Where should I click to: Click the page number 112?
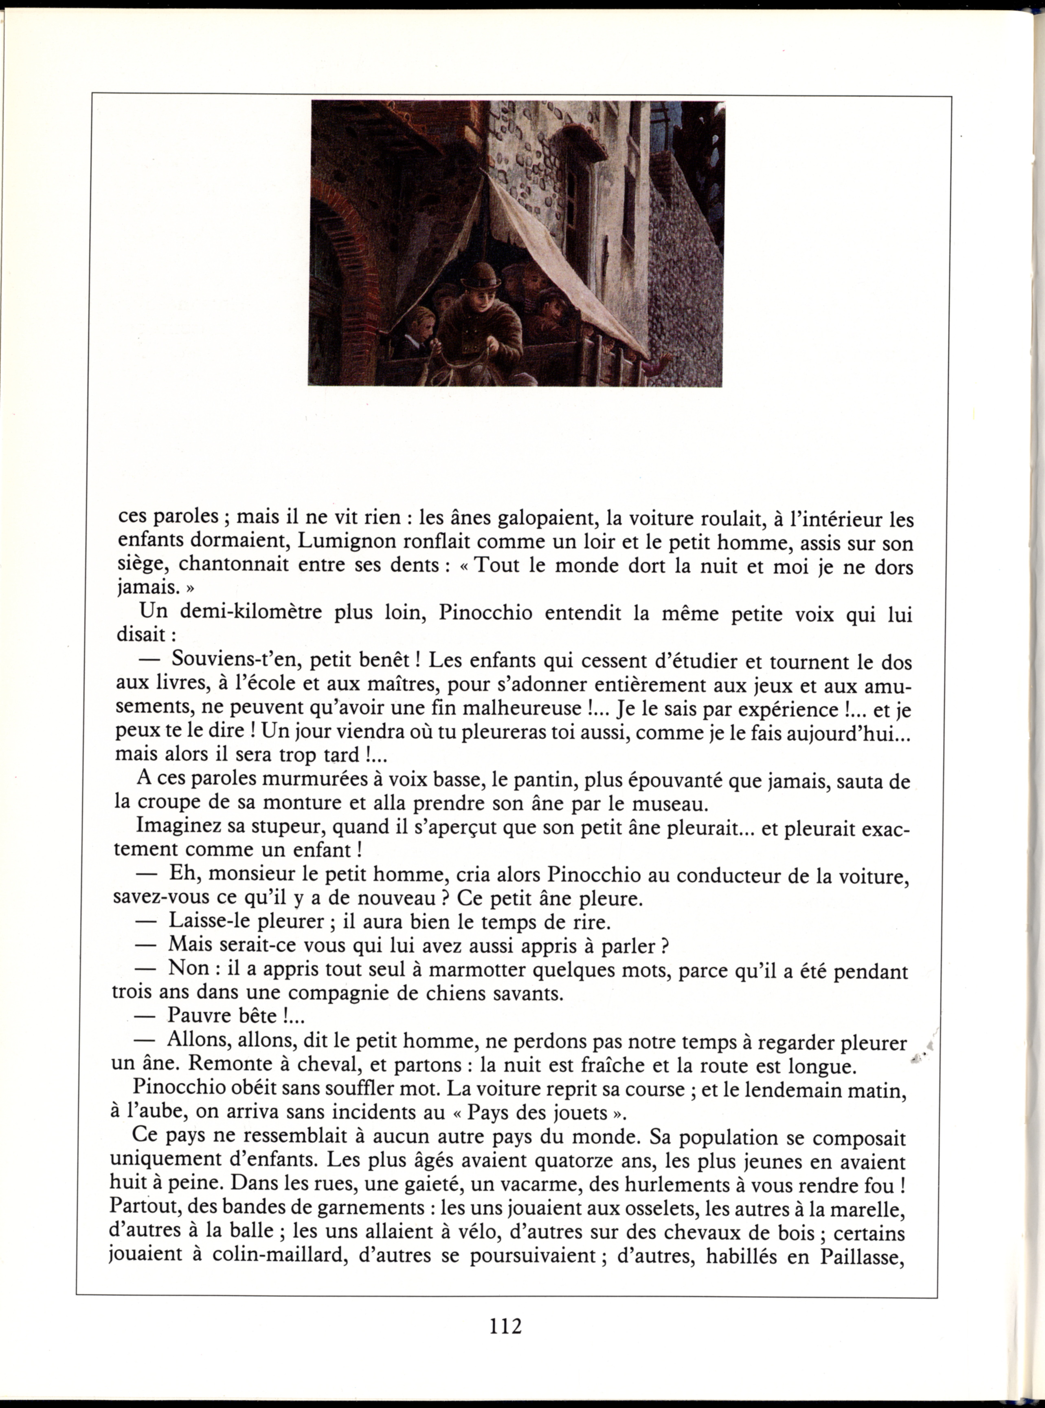(505, 1325)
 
